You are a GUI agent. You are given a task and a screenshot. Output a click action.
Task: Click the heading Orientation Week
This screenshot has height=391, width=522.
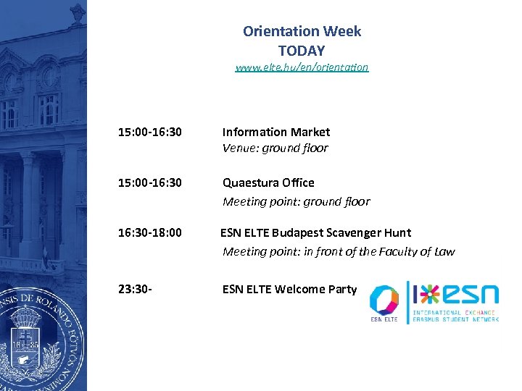click(x=302, y=31)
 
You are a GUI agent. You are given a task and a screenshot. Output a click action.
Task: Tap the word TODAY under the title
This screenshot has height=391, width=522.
click(x=302, y=51)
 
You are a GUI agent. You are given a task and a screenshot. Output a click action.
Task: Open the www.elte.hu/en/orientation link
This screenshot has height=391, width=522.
click(x=302, y=67)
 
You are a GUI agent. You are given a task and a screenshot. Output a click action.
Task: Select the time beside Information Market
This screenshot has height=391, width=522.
click(x=150, y=132)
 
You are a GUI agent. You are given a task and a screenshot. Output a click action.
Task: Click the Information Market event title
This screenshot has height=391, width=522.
click(x=275, y=132)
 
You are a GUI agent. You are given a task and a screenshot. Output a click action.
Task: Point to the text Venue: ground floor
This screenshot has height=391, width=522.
click(x=275, y=148)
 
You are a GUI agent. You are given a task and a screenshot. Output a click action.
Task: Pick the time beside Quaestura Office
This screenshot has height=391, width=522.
click(x=150, y=182)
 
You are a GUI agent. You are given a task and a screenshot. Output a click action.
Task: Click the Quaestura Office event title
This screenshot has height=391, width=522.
click(x=268, y=182)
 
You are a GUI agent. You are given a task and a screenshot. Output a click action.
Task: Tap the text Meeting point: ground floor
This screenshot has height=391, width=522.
click(x=296, y=201)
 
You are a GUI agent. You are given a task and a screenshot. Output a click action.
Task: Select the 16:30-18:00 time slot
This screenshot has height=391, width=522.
click(x=150, y=232)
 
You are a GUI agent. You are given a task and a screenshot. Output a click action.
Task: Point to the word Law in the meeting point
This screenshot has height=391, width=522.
click(x=444, y=252)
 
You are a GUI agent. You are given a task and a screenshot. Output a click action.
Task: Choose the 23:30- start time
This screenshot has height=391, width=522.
click(x=135, y=289)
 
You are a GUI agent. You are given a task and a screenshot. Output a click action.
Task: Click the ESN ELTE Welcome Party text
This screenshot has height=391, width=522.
click(x=289, y=289)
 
